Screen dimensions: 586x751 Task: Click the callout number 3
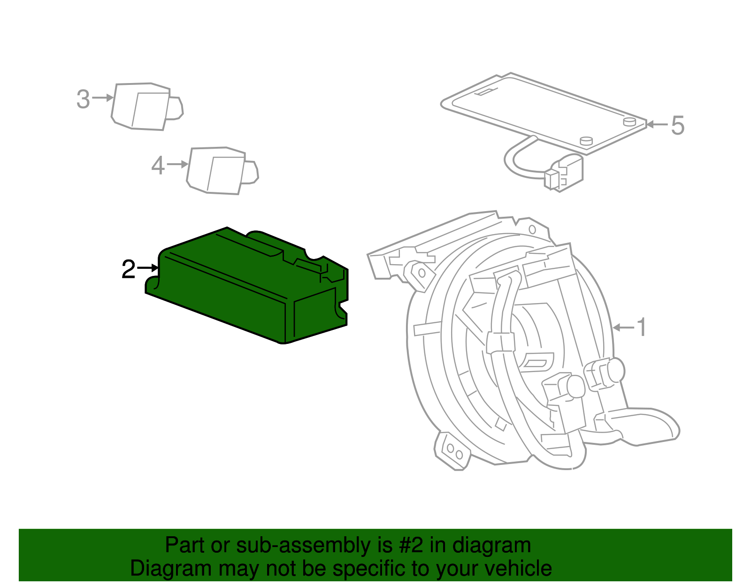point(83,99)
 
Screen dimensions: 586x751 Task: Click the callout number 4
point(158,166)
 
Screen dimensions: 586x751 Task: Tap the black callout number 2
point(128,269)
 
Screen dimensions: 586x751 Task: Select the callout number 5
point(677,126)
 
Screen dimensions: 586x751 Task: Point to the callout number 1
point(642,327)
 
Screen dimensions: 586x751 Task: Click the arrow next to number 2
point(148,268)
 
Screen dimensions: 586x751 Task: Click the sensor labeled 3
point(143,107)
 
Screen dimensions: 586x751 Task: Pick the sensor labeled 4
point(218,171)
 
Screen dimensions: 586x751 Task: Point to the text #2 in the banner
point(411,546)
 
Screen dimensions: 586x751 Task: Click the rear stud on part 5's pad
point(629,122)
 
